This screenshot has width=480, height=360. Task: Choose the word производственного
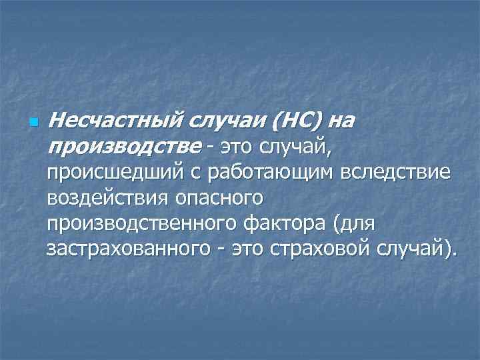(143, 223)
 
